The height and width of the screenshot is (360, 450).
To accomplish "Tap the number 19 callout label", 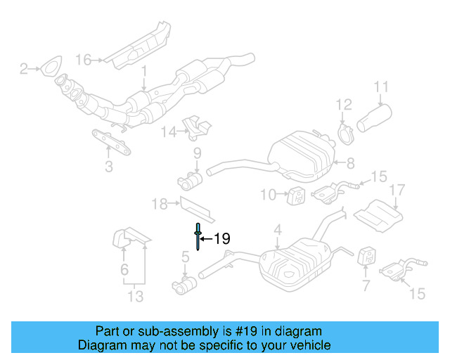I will pos(221,240).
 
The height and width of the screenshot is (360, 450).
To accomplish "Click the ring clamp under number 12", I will pos(347,133).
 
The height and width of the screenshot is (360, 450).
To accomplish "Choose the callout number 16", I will pos(84,60).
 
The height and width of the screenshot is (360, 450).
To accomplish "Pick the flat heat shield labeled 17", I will pos(378,214).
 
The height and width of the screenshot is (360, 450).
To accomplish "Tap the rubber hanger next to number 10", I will pos(296,193).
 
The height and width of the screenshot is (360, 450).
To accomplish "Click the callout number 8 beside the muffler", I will pos(351,163).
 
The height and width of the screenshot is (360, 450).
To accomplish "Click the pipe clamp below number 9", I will pos(189,181).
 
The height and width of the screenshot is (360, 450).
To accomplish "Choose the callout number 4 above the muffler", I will pos(277,229).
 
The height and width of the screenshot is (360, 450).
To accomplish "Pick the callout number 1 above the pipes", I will pos(144,71).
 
